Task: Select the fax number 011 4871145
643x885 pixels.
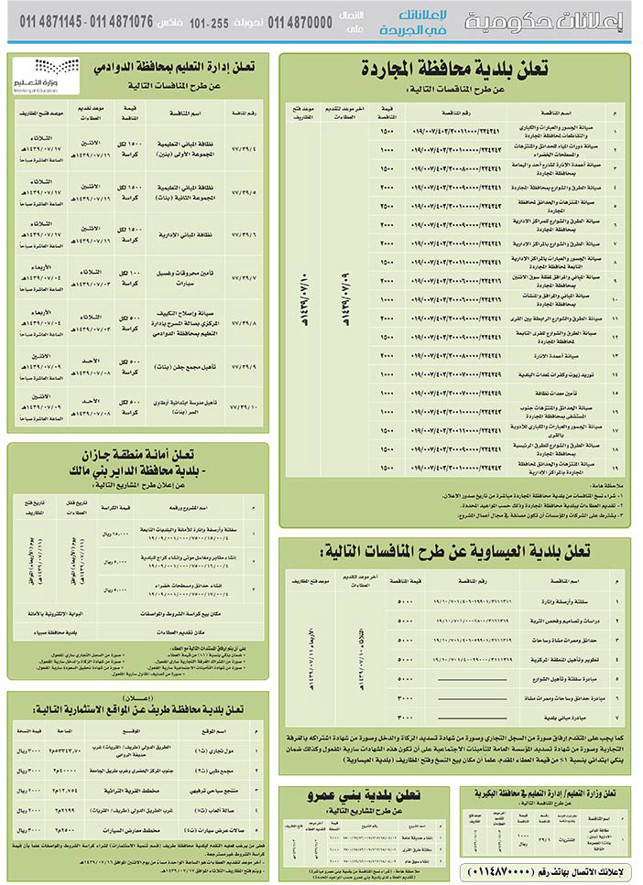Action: click(x=43, y=22)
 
